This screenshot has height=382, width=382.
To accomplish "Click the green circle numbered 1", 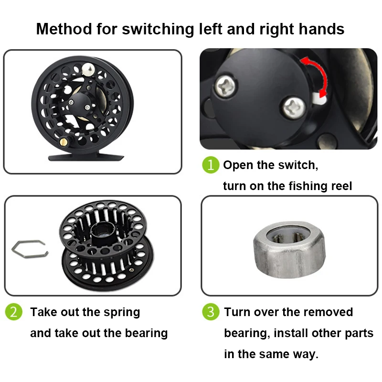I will pos(210,165).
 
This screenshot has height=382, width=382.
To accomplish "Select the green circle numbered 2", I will pos(14,312).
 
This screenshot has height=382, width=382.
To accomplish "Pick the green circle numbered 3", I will pos(210,312).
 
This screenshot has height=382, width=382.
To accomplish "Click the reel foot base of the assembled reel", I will pos(86,157).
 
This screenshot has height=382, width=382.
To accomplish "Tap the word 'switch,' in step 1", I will pos(296,166).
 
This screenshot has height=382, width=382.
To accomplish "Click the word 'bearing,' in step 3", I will pos(246,333).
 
